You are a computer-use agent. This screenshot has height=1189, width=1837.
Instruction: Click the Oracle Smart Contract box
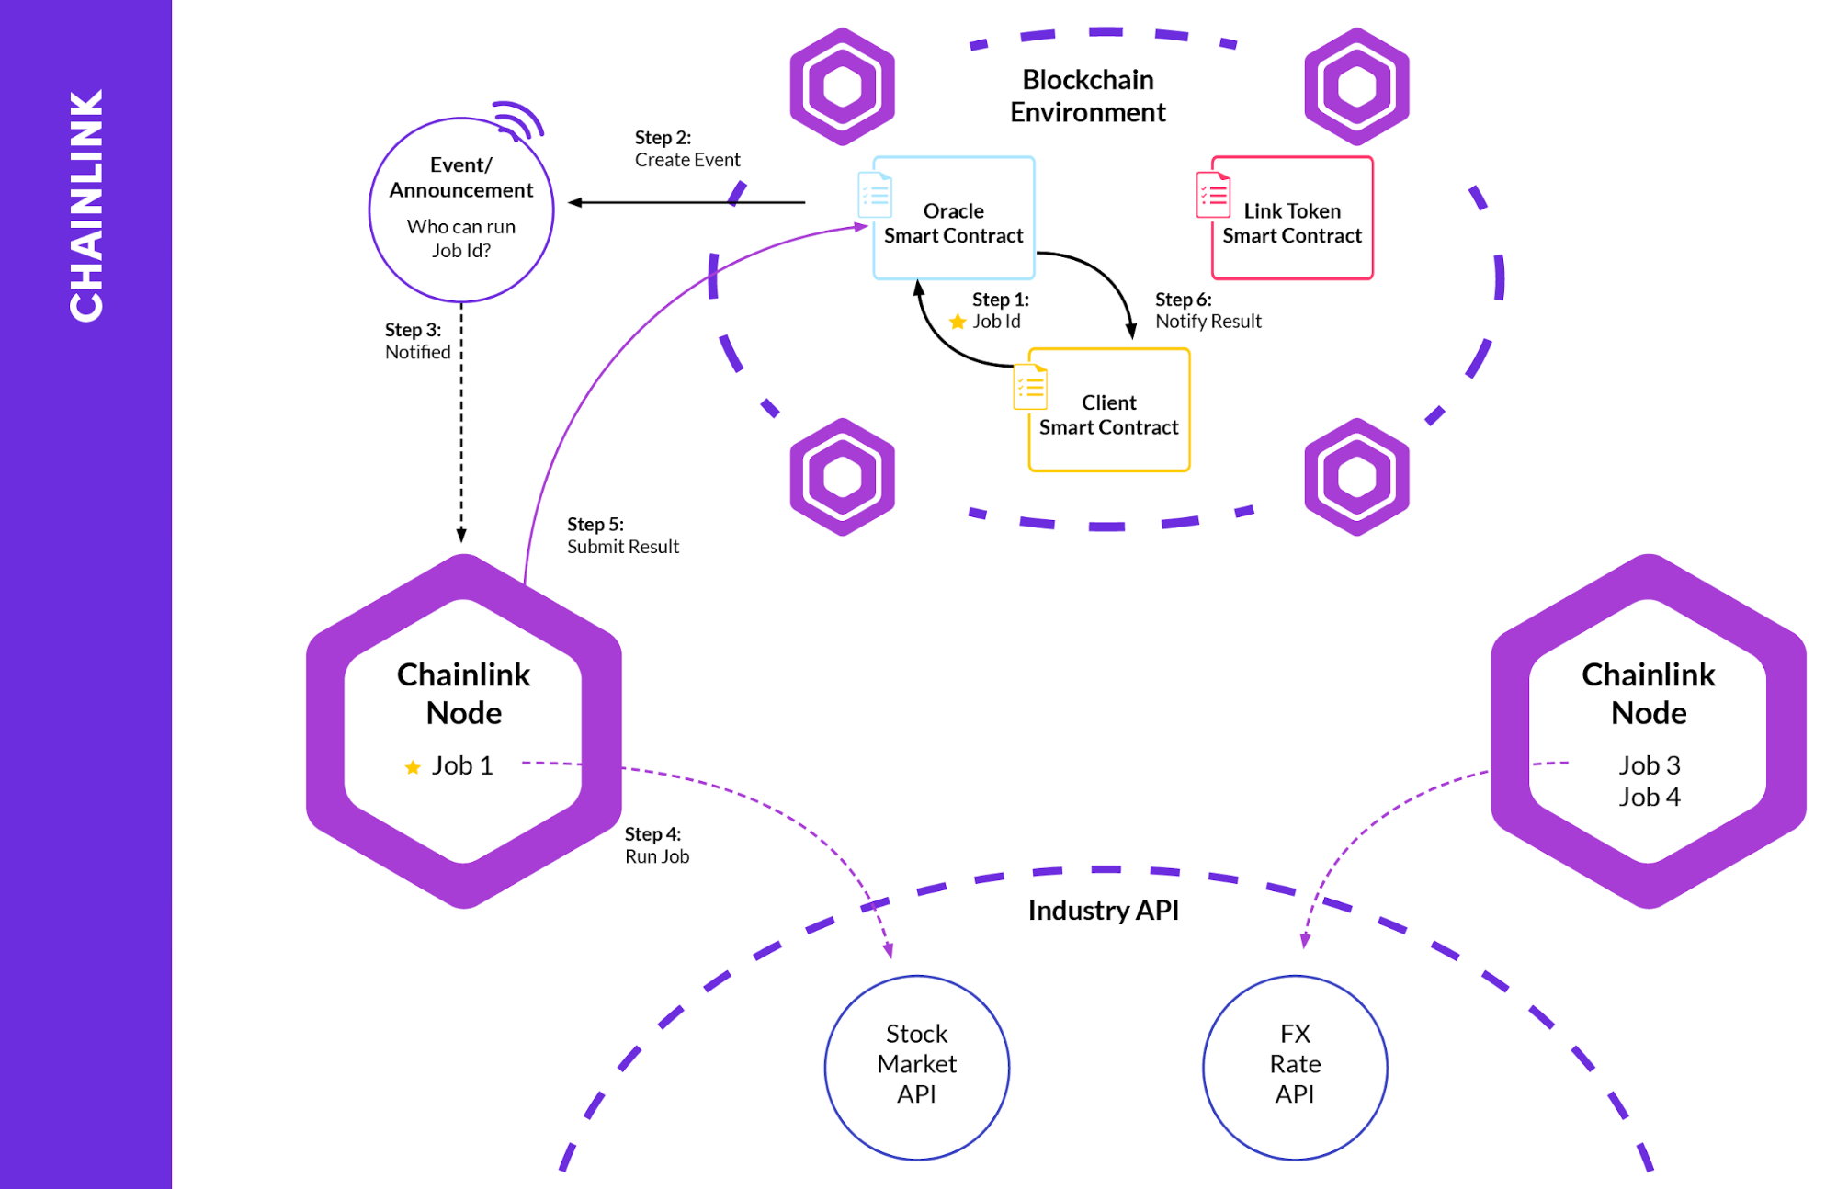pos(954,219)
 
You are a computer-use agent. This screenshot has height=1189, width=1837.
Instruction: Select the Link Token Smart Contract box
pos(1292,219)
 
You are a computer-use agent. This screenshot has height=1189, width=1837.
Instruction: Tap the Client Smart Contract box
pos(1109,411)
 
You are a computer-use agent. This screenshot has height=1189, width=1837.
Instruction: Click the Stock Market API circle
pos(916,1066)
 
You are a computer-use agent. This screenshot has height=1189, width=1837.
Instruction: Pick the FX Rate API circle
pos(1295,1066)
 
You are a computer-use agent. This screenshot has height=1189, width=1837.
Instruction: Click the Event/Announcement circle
pos(460,209)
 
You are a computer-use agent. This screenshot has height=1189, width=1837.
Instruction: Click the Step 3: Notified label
pos(416,341)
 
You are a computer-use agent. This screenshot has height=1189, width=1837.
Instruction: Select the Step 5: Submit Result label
pos(622,536)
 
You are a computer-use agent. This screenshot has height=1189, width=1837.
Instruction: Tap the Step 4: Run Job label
pos(656,845)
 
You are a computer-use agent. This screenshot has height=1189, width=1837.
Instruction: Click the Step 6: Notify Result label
pos(1208,311)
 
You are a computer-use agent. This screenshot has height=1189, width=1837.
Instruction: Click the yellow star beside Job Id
pos(958,322)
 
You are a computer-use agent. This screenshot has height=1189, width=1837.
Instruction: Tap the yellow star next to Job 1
pos(413,767)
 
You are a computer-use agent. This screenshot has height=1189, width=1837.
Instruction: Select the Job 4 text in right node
pos(1649,798)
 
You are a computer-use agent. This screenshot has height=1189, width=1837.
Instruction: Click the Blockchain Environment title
pos(1087,96)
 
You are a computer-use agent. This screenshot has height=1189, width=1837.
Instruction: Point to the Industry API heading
pos(1103,911)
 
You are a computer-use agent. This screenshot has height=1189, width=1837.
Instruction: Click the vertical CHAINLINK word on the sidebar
pos(86,206)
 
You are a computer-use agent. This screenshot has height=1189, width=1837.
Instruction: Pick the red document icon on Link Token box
pos(1213,195)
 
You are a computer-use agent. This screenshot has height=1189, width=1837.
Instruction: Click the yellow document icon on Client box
pos(1030,387)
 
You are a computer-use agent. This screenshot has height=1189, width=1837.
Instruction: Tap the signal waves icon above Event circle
pos(520,120)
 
